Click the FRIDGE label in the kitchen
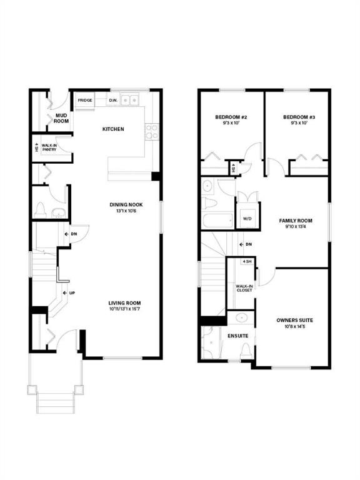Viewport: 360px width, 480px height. point(85,100)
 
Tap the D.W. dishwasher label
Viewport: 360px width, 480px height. point(113,100)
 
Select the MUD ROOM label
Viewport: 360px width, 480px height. point(61,118)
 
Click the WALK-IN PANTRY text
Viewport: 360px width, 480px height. point(50,147)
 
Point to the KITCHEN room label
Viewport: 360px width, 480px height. point(113,129)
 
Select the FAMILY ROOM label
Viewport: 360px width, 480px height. point(295,221)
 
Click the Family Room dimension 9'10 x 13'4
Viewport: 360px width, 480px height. point(295,227)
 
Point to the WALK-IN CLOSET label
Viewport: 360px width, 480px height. point(244,289)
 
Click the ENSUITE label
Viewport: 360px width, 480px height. point(238,336)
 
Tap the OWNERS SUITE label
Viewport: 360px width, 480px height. point(294,321)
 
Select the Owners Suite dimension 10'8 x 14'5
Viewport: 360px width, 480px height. point(294,327)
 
